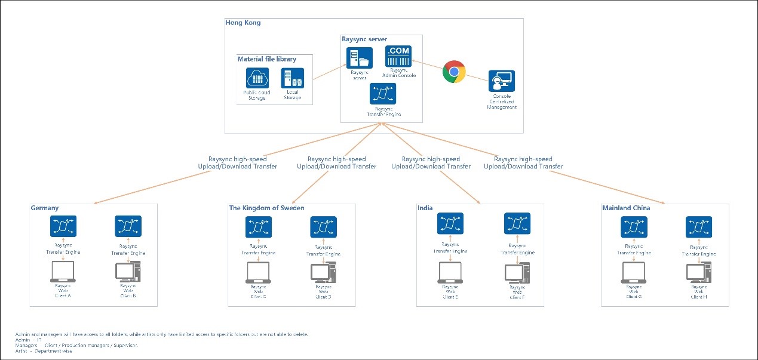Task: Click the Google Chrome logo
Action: [x=454, y=72]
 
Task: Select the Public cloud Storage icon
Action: [x=257, y=78]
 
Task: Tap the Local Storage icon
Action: [x=293, y=78]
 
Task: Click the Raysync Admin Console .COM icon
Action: [x=398, y=58]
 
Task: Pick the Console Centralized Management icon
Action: [x=501, y=81]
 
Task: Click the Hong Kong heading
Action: [x=243, y=23]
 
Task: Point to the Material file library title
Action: [x=266, y=59]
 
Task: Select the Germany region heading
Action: [x=45, y=208]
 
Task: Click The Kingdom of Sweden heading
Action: [x=266, y=208]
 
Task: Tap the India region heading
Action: [x=425, y=208]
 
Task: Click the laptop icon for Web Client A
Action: [x=63, y=272]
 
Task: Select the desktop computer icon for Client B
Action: [x=128, y=272]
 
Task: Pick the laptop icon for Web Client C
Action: [x=258, y=273]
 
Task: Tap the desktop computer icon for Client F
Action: [x=517, y=272]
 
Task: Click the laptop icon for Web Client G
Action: [x=634, y=272]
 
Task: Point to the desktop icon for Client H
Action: [x=698, y=273]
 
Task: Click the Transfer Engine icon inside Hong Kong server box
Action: [x=383, y=94]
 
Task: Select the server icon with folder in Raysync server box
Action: [x=359, y=58]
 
